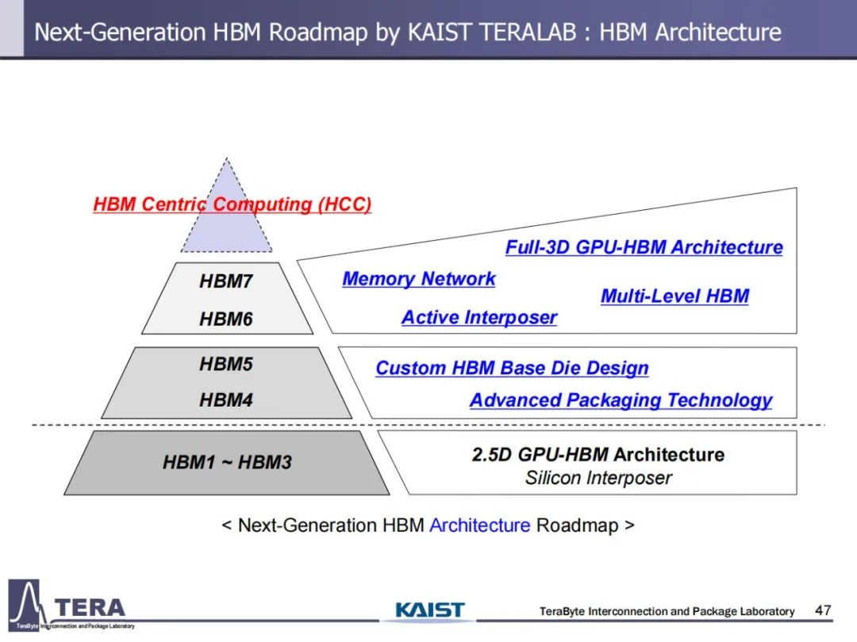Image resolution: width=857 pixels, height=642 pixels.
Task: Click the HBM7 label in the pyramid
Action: pyautogui.click(x=225, y=281)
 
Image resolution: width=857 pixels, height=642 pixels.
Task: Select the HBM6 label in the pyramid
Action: pyautogui.click(x=225, y=319)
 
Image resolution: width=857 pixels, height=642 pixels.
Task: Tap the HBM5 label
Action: pyautogui.click(x=225, y=364)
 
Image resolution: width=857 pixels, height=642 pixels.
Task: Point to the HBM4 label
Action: pyautogui.click(x=225, y=399)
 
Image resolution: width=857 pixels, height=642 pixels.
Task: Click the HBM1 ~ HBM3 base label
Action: pyautogui.click(x=227, y=462)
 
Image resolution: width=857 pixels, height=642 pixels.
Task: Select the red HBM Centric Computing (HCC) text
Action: pyautogui.click(x=233, y=204)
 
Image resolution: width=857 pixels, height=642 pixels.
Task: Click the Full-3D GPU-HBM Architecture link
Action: pyautogui.click(x=644, y=247)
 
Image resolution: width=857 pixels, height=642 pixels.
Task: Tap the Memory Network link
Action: pyautogui.click(x=419, y=279)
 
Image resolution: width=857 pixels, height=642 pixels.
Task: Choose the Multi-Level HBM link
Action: pyautogui.click(x=674, y=296)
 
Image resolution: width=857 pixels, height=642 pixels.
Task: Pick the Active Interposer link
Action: pyautogui.click(x=479, y=317)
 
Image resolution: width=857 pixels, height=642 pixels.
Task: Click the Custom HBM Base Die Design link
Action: pyautogui.click(x=512, y=368)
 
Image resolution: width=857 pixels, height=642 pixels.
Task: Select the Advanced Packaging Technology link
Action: pyautogui.click(x=621, y=400)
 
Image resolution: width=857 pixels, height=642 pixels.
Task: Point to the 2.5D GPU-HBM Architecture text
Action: pyautogui.click(x=598, y=454)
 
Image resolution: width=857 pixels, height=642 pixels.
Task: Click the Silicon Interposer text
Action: pyautogui.click(x=598, y=478)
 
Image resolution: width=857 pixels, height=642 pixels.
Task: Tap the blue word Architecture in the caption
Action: pyautogui.click(x=480, y=525)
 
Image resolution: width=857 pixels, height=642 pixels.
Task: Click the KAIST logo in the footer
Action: pyautogui.click(x=429, y=610)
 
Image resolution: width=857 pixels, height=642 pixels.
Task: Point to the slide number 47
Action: pyautogui.click(x=823, y=610)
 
